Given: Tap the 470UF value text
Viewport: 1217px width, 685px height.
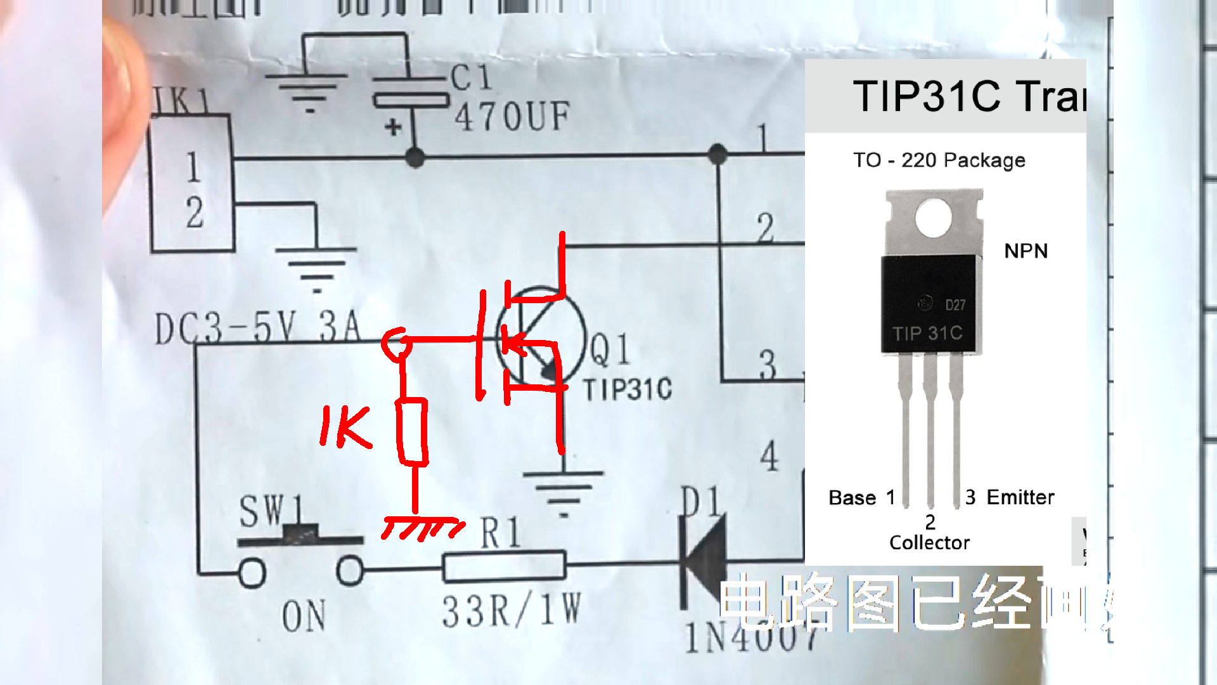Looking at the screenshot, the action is coord(512,117).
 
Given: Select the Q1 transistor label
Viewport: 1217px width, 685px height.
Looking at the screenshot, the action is coord(610,349).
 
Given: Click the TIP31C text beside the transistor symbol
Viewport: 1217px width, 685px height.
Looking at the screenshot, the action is coord(628,389).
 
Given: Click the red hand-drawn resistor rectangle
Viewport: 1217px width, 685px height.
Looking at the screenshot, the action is coord(412,431).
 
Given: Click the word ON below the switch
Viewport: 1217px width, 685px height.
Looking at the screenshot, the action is coord(304,616).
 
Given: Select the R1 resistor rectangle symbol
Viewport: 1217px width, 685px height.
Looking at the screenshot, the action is coord(504,566).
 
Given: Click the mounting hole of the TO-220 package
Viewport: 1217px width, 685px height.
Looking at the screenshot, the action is coord(933,217).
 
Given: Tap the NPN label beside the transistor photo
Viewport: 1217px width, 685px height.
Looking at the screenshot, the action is coord(1026,251).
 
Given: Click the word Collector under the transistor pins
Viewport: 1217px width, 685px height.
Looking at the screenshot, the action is coord(929,543).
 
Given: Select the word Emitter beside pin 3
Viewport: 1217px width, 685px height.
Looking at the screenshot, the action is coord(1021,497).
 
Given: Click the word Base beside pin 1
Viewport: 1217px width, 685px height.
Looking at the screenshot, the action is coord(852,498).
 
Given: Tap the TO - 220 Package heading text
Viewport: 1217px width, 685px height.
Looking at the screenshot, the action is coord(939,160).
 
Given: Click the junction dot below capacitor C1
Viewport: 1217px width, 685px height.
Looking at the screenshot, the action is coord(415,157).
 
